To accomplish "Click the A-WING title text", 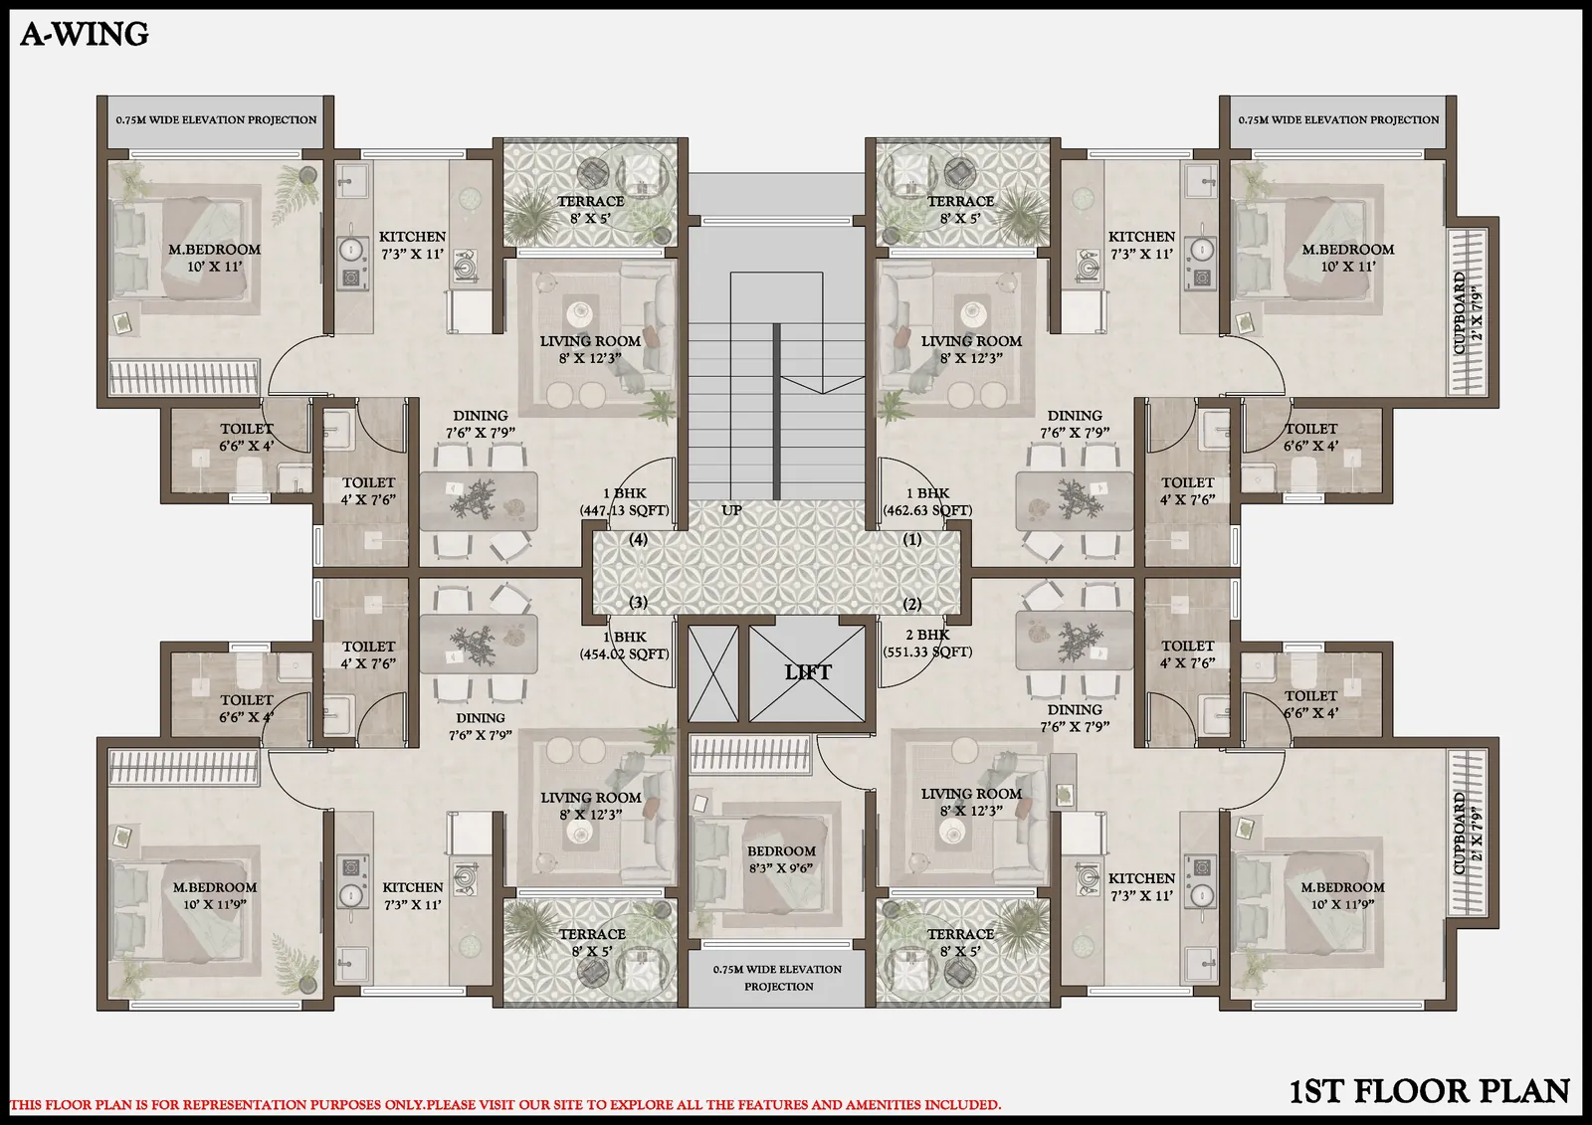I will pyautogui.click(x=85, y=35).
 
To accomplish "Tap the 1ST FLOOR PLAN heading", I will pyautogui.click(x=1429, y=1091).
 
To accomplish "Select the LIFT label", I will pyautogui.click(x=807, y=672).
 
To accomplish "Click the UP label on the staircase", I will pyautogui.click(x=731, y=510).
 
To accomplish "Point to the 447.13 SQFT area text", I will pyautogui.click(x=625, y=510).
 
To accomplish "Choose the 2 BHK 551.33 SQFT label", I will pyautogui.click(x=927, y=644).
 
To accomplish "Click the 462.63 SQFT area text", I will pyautogui.click(x=927, y=510).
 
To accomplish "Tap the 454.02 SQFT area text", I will pyautogui.click(x=625, y=654).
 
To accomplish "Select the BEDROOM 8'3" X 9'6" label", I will pyautogui.click(x=781, y=859).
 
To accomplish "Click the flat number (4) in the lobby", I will pyautogui.click(x=639, y=539).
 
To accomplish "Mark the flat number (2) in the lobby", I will pyautogui.click(x=912, y=604).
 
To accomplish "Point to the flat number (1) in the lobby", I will pyautogui.click(x=912, y=539).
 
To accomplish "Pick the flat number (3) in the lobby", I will pyautogui.click(x=639, y=602).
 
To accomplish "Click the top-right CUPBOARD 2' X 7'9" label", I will pyautogui.click(x=1468, y=312).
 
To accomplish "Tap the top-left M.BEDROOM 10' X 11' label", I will pyautogui.click(x=215, y=258).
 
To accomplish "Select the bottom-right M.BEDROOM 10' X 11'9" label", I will pyautogui.click(x=1342, y=895).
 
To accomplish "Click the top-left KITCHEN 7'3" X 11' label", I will pyautogui.click(x=412, y=245).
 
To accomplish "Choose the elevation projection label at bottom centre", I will pyautogui.click(x=778, y=977).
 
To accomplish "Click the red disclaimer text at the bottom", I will pyautogui.click(x=505, y=1104).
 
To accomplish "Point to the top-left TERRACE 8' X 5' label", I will pyautogui.click(x=590, y=209).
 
